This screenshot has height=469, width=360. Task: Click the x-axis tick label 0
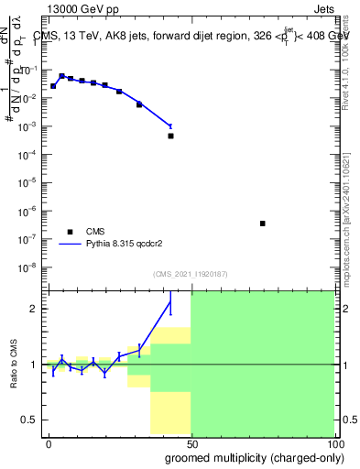click(x=49, y=442)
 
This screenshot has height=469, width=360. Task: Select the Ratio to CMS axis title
click(x=14, y=365)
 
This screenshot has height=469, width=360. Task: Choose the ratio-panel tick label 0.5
click(x=30, y=420)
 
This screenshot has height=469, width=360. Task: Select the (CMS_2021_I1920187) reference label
click(x=191, y=273)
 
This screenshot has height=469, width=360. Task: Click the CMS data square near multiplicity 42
click(x=170, y=136)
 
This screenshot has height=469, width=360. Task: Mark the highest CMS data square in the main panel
click(x=61, y=76)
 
